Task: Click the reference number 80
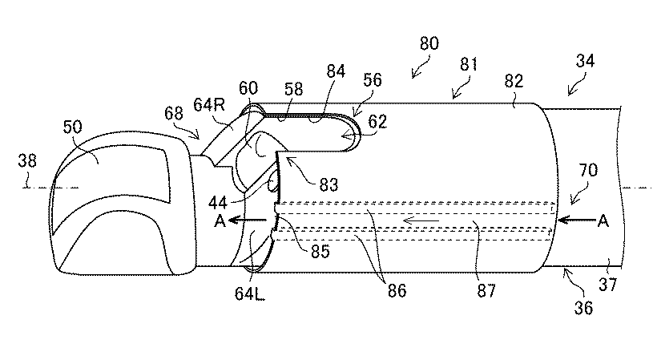(x=429, y=43)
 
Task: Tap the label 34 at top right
(x=585, y=61)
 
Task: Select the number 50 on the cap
(x=72, y=127)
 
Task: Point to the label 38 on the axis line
(x=27, y=160)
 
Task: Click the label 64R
(x=209, y=104)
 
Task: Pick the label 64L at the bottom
(x=249, y=293)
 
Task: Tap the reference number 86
(x=397, y=290)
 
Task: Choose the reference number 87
(x=486, y=290)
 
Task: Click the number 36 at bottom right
(x=583, y=308)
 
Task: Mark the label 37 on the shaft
(x=607, y=285)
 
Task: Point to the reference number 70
(x=588, y=170)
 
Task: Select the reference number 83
(x=329, y=184)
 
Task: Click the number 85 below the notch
(x=320, y=251)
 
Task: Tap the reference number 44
(x=218, y=203)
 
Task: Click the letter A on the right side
(x=603, y=220)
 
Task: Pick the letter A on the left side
(x=220, y=220)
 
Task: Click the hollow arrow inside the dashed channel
(x=421, y=220)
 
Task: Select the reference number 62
(x=377, y=122)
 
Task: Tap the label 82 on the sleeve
(x=514, y=81)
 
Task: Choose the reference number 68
(x=174, y=113)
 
